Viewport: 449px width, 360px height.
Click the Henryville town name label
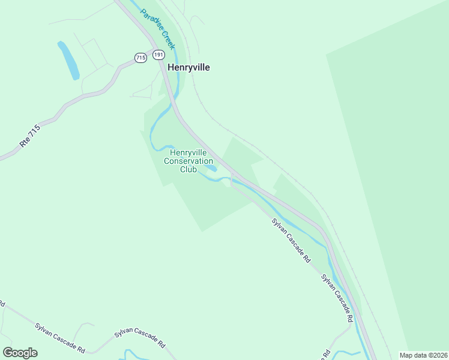(x=188, y=68)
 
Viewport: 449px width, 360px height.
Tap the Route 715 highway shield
(x=140, y=58)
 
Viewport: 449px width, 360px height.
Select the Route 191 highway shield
(x=158, y=55)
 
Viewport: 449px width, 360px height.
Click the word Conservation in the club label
(x=188, y=161)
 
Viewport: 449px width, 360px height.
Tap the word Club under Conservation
(x=188, y=169)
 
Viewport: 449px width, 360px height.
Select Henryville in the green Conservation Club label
(x=188, y=152)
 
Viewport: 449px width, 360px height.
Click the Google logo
(x=20, y=353)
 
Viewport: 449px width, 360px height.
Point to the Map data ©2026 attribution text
(x=423, y=355)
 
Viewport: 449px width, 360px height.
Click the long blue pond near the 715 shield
(x=68, y=60)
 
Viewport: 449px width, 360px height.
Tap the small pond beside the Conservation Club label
(x=211, y=167)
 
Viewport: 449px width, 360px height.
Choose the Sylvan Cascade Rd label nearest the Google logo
(x=59, y=338)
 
